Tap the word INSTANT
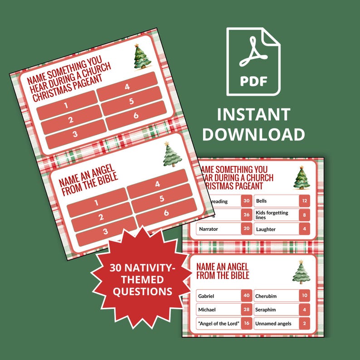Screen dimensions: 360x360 click(x=253, y=114)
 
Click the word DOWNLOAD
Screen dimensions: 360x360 click(x=253, y=134)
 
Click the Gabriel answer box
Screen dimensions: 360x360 click(x=218, y=296)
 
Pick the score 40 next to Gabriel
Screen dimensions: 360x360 click(x=246, y=296)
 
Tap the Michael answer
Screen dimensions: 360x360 click(x=218, y=310)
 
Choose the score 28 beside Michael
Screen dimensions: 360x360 click(x=246, y=310)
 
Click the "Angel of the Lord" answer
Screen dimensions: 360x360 click(x=218, y=323)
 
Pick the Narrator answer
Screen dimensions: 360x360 click(x=218, y=229)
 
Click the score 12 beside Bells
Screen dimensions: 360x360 click(x=304, y=201)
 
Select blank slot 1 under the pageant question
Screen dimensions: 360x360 click(x=66, y=106)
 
